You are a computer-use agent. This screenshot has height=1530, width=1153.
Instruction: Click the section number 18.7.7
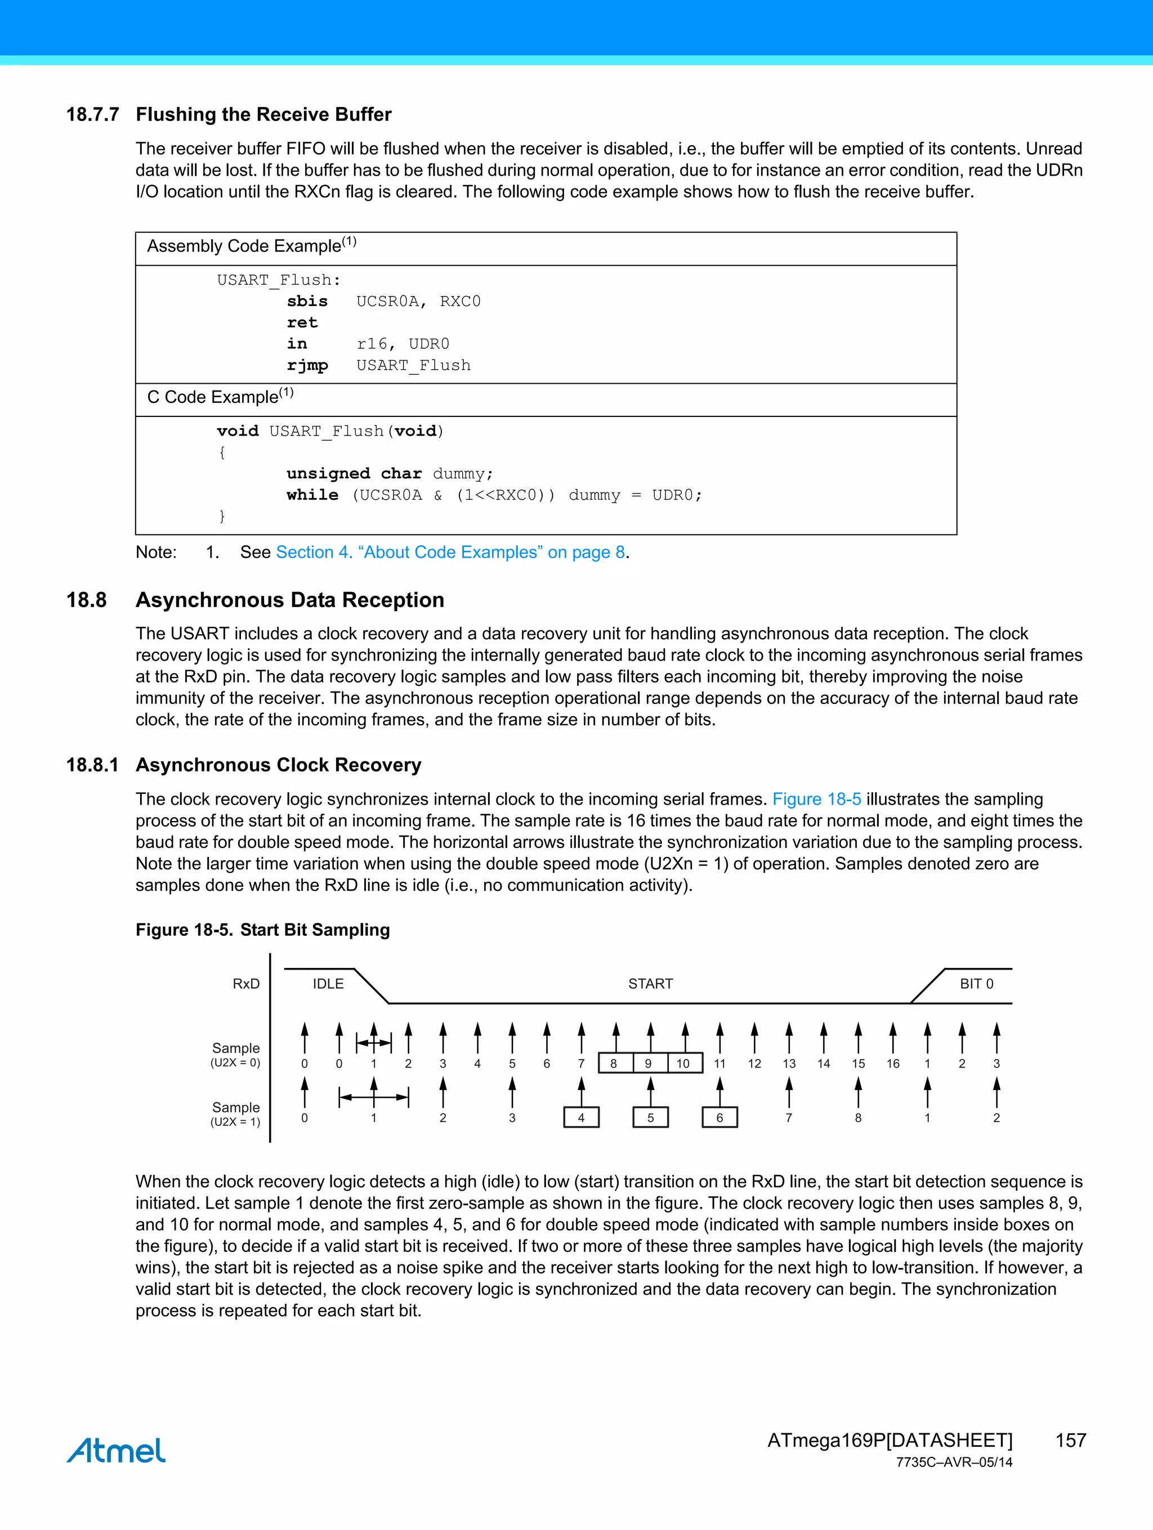coord(93,114)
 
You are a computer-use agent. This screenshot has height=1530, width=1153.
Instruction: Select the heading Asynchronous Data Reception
coord(289,600)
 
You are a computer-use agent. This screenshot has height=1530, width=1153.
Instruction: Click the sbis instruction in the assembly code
coord(307,301)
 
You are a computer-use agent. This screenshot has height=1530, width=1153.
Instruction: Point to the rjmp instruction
coord(307,365)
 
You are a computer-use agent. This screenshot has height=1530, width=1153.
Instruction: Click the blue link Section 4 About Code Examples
coord(450,552)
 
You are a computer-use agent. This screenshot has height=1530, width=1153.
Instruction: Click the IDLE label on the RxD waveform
coord(328,984)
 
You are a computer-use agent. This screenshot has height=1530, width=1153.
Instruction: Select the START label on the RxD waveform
coord(650,984)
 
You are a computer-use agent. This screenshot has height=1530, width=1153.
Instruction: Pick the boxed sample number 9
coord(649,1063)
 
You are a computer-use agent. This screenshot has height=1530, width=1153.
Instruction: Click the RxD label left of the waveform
coord(245,984)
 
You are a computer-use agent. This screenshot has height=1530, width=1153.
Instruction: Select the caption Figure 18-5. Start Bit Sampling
coord(262,930)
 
